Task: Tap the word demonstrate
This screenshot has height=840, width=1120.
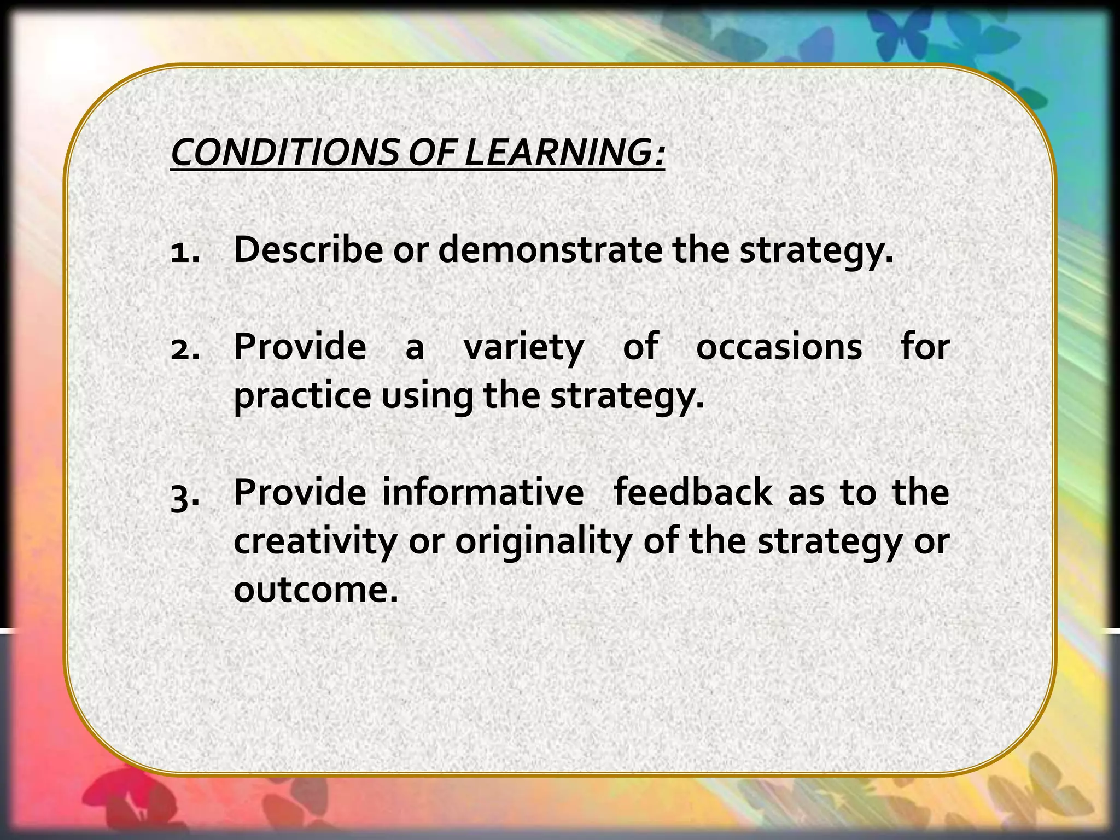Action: point(550,250)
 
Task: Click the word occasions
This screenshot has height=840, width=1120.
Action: point(779,347)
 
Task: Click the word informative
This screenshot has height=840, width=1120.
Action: point(482,492)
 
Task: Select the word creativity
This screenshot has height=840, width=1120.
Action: point(314,542)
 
